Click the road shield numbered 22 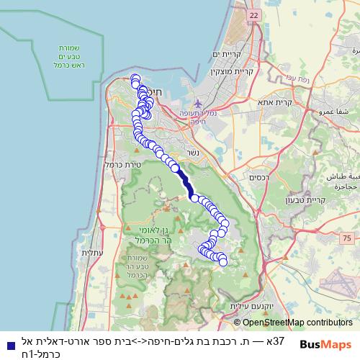[253, 14]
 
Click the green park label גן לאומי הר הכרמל [150, 235]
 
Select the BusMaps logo [326, 344]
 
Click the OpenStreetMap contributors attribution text [297, 323]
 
